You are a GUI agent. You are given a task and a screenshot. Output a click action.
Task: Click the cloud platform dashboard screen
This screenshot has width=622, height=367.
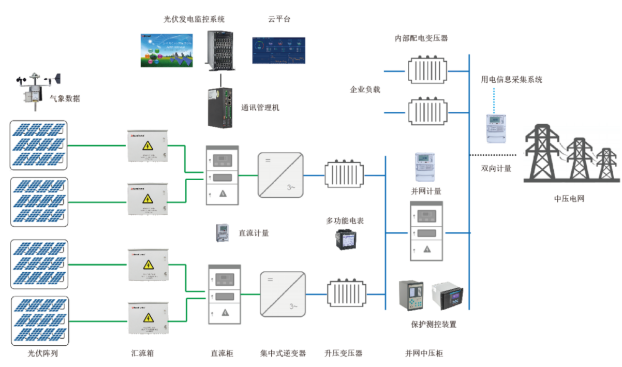pos(278,50)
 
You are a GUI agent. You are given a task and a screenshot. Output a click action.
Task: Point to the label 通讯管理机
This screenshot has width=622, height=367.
pos(260,108)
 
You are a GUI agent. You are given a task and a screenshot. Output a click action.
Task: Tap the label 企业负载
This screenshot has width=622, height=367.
pos(365,90)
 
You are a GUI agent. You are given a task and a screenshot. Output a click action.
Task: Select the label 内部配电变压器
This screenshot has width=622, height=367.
pos(421,38)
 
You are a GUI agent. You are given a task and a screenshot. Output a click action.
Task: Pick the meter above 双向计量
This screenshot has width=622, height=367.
pos(495,128)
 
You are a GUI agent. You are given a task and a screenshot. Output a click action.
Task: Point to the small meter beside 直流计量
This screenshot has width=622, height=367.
pos(223,233)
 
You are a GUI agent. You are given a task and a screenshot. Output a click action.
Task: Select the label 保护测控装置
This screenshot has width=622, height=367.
pos(434,325)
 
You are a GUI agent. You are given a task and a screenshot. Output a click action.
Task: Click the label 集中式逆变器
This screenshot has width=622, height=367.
pos(283,354)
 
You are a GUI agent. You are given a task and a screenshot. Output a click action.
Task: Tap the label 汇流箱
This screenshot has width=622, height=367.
pos(142,354)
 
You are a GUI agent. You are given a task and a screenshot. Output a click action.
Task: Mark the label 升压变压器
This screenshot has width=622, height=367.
pos(344,354)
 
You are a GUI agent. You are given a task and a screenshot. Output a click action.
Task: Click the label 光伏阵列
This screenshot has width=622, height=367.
pos(39,354)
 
